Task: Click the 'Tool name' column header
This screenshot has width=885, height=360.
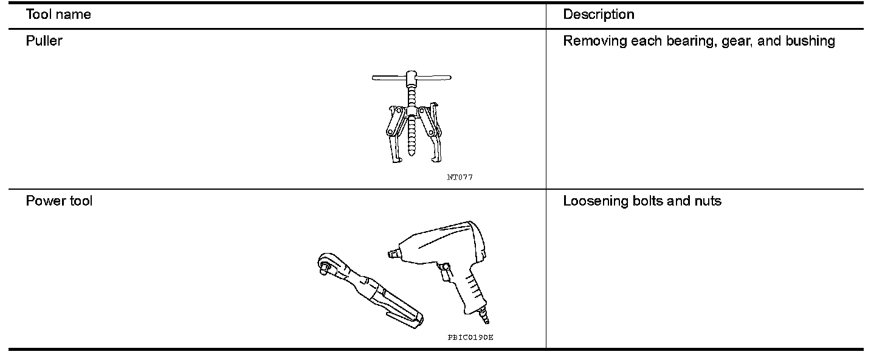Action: coord(58,15)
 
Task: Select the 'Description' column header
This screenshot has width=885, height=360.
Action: coord(598,15)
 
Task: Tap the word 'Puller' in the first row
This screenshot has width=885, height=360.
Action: coord(44,41)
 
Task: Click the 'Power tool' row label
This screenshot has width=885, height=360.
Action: coord(59,201)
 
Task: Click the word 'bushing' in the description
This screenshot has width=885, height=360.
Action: coord(811,41)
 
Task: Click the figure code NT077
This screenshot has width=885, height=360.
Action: coord(460,178)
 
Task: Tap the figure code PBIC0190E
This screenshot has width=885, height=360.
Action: coord(470,337)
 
